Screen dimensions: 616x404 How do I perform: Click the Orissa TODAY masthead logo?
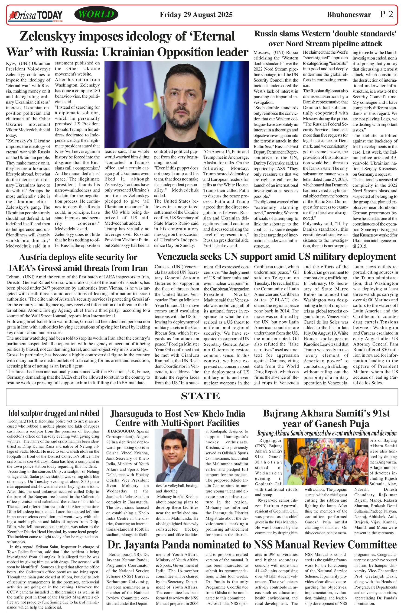[36, 15]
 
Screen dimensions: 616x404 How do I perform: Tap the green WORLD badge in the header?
[96, 14]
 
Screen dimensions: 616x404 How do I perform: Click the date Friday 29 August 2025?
[196, 15]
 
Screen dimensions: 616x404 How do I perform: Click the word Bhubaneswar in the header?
[349, 15]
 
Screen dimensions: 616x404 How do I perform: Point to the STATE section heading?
[200, 396]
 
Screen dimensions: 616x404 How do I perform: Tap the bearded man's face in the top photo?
[182, 99]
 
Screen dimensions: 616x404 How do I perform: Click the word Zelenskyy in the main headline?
[47, 36]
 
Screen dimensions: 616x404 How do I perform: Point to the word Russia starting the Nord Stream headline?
[266, 34]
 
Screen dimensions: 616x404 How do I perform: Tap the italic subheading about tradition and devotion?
[327, 434]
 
